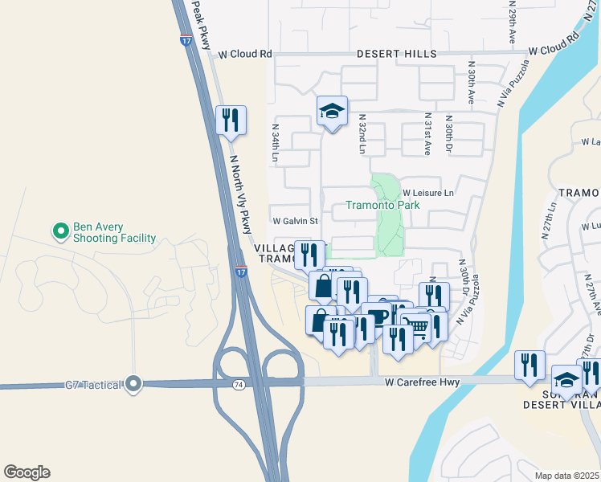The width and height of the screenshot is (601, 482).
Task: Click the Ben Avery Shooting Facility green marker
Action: pos(60,232)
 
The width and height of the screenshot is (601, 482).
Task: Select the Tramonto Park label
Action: pos(382,205)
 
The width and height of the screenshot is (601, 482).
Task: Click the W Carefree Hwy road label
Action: pos(421,383)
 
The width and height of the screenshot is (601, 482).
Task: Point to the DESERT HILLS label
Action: pos(398,54)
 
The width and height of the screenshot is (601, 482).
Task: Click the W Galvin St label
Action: pos(296,221)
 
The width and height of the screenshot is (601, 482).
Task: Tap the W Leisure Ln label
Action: pos(428,194)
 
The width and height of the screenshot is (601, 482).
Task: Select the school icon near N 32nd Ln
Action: pos(332,112)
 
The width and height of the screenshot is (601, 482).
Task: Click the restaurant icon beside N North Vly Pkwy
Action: pos(230,120)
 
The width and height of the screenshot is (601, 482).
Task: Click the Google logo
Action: pos(27,472)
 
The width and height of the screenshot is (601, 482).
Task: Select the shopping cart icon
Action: pos(415,325)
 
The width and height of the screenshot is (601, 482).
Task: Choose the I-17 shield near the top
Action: pos(185,38)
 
